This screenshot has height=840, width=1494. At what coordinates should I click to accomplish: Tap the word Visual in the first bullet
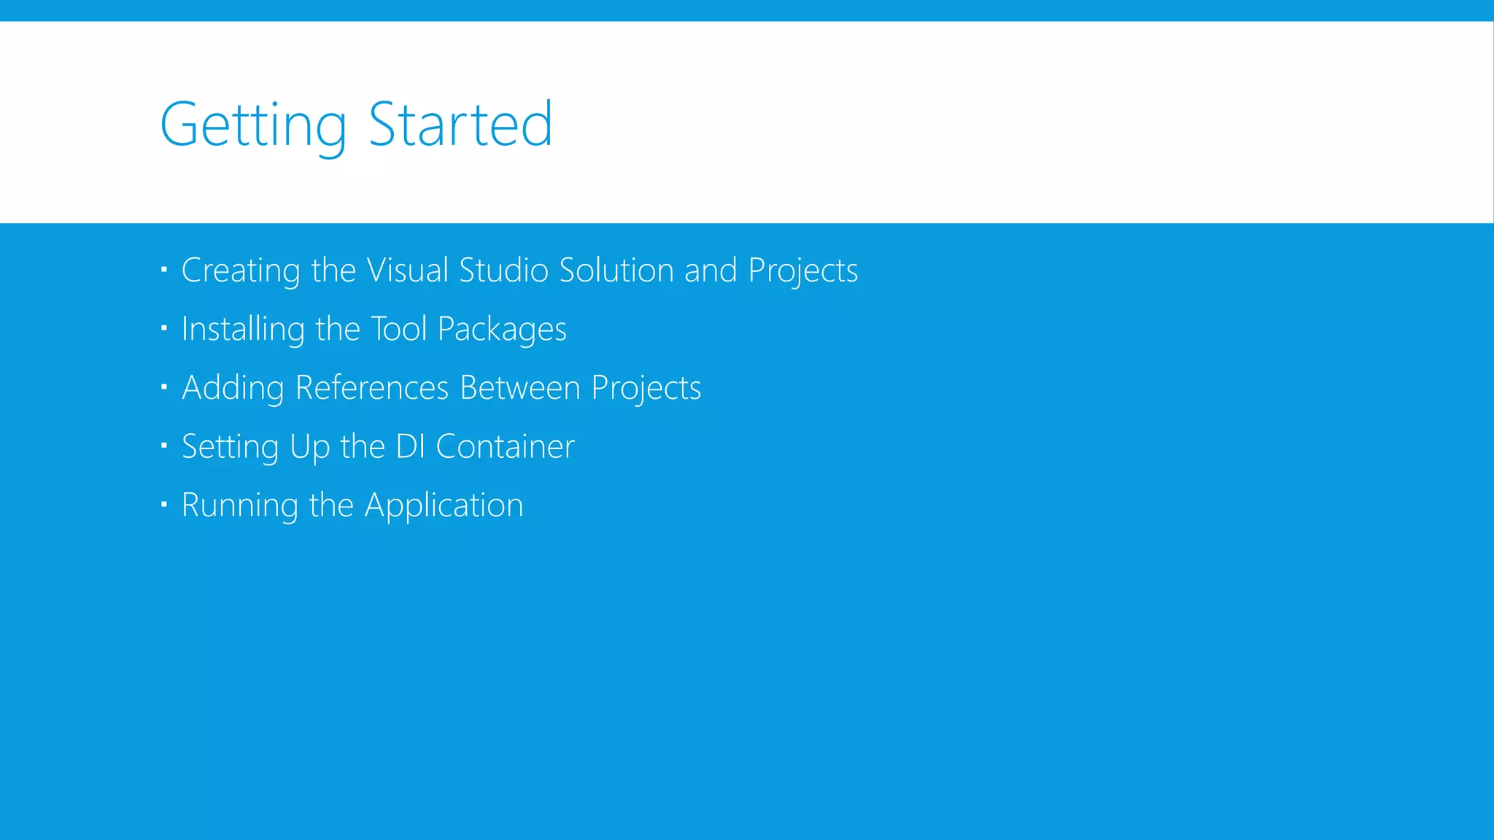click(407, 271)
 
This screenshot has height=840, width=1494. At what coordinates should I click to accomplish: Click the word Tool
click(398, 329)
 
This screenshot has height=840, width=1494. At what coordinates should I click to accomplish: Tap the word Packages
click(502, 330)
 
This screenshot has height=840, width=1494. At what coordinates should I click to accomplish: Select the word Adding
click(233, 388)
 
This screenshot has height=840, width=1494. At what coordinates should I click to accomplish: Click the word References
click(372, 388)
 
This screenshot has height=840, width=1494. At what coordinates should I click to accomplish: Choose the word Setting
click(230, 447)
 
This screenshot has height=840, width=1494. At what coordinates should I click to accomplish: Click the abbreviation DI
click(410, 446)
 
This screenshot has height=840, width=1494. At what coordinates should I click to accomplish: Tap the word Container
click(505, 446)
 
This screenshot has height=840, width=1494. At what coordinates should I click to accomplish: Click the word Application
click(444, 505)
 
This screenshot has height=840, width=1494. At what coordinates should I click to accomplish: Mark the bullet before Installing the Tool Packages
click(164, 328)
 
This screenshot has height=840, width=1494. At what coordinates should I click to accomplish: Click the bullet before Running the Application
click(164, 503)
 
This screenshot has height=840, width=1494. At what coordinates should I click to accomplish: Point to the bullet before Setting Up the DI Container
click(164, 445)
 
